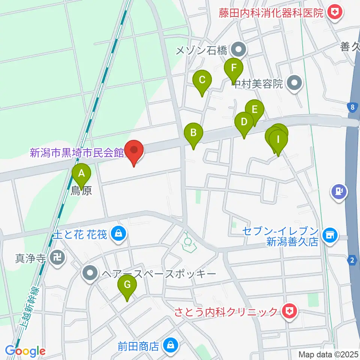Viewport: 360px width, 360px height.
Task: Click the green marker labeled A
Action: (x=81, y=174)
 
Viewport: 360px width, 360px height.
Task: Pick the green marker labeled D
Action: (x=244, y=123)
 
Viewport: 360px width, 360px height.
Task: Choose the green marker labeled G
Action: (x=127, y=286)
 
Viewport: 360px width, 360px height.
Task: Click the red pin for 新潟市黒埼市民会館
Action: (x=134, y=151)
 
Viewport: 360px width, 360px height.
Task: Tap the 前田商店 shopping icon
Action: (x=171, y=344)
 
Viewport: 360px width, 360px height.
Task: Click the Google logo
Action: (x=25, y=351)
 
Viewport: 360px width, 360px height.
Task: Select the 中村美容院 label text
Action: (x=257, y=84)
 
